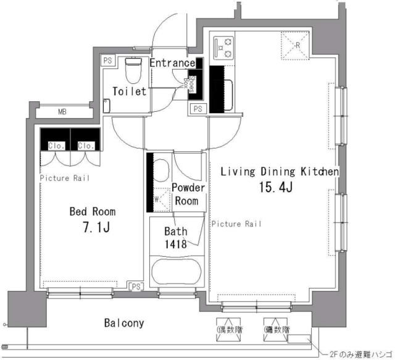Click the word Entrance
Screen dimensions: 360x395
173,64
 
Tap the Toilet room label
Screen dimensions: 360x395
130,91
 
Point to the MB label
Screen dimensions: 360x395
62,112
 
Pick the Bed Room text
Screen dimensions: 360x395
92,212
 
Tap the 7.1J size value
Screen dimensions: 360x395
96,228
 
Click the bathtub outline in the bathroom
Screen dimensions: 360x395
176,272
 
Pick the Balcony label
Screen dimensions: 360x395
124,323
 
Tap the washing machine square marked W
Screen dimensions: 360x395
158,199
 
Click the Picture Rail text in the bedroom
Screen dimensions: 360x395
65,178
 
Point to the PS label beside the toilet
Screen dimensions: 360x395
108,61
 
